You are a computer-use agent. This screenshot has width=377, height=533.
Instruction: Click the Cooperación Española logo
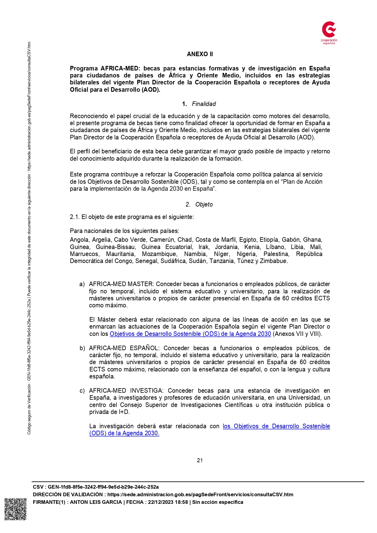pyautogui.click(x=329, y=32)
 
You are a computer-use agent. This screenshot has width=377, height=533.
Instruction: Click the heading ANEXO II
pyautogui.click(x=200, y=54)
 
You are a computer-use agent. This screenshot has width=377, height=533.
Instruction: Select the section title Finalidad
pyautogui.click(x=204, y=104)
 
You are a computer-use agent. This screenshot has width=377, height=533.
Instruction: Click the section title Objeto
pyautogui.click(x=204, y=204)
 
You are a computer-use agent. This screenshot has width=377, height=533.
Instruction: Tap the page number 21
pyautogui.click(x=200, y=460)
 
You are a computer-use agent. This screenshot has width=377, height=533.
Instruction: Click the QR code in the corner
pyautogui.click(x=16, y=509)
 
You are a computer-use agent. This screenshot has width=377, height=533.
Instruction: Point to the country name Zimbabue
pyautogui.click(x=273, y=261)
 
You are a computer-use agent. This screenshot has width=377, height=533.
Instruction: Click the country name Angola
pyautogui.click(x=79, y=240)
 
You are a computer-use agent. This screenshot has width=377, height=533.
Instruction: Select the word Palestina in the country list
pyautogui.click(x=276, y=254)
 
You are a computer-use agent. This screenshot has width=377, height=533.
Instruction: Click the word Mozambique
pyautogui.click(x=159, y=254)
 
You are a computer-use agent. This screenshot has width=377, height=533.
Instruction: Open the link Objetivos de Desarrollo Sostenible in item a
pyautogui.click(x=190, y=334)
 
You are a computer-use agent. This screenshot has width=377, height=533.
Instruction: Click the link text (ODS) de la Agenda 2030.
pyautogui.click(x=124, y=433)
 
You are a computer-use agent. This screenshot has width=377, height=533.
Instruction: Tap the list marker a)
pyautogui.click(x=82, y=284)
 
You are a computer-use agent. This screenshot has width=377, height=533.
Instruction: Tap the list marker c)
pyautogui.click(x=82, y=391)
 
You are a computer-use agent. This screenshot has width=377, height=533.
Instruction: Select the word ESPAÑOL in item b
pyautogui.click(x=144, y=348)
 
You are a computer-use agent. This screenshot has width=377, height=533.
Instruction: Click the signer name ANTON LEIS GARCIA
pyautogui.click(x=96, y=502)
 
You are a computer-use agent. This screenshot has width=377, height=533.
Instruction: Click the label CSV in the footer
pyautogui.click(x=38, y=487)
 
